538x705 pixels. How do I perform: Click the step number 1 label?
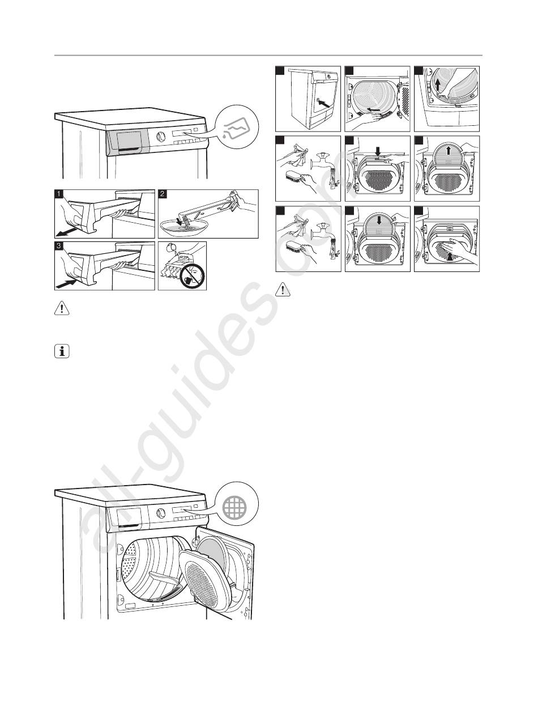point(59,194)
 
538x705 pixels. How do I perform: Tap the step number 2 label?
point(163,194)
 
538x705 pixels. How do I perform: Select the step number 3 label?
point(59,246)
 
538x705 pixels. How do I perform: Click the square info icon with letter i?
point(62,351)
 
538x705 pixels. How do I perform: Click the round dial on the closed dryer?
point(160,136)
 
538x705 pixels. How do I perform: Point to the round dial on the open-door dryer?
point(160,513)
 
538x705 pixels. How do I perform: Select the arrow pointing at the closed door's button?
point(324,104)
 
